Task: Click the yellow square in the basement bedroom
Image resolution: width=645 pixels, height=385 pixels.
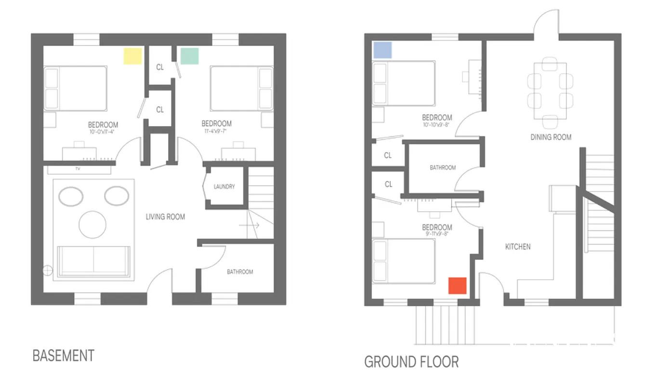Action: [133, 56]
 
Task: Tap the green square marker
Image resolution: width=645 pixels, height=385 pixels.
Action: [189, 56]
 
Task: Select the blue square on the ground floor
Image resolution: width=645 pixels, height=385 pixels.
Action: [382, 50]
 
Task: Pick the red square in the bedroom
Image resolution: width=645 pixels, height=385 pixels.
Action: [458, 286]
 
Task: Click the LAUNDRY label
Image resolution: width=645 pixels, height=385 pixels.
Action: [224, 187]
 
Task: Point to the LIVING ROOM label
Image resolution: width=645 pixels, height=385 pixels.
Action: [165, 217]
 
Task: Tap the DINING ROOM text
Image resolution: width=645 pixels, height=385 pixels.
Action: [551, 137]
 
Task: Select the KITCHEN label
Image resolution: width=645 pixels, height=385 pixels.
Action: [518, 246]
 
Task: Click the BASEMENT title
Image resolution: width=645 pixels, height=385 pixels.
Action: [64, 356]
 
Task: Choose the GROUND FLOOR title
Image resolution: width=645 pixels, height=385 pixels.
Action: [411, 362]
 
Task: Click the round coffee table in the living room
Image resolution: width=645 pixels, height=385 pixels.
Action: [92, 225]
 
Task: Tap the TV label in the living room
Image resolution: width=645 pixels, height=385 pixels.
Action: [78, 169]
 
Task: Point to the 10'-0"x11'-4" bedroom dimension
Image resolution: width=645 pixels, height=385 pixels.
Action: [102, 132]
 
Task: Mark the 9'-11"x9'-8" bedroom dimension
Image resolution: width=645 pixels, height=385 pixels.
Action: [437, 234]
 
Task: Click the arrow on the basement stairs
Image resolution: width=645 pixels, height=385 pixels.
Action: [250, 225]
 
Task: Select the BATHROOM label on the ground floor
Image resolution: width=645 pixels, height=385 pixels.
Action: [443, 167]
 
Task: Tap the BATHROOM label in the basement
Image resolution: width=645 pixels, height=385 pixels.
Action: [240, 272]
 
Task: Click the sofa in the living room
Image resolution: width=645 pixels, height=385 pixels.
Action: [93, 261]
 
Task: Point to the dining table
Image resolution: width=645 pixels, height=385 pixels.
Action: [550, 91]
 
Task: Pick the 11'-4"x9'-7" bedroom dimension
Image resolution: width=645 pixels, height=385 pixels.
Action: [215, 131]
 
